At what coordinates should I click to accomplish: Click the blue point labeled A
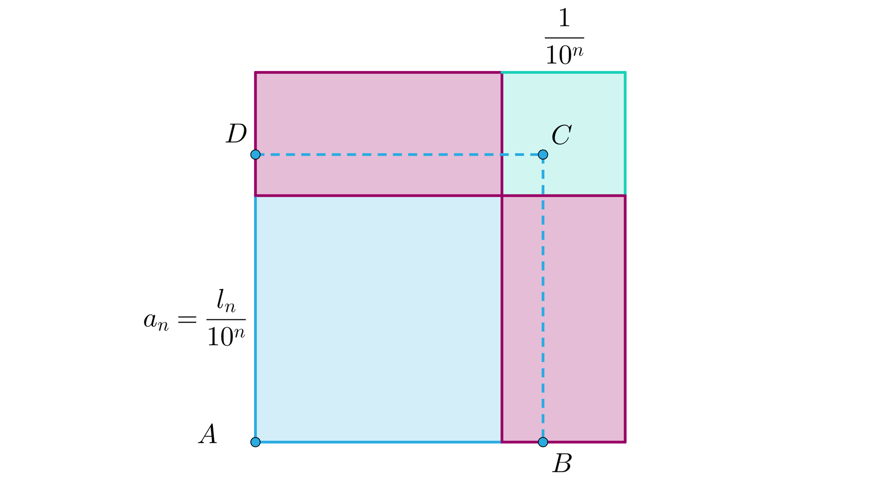coord(255,442)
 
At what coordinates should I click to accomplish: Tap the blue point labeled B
coord(543,442)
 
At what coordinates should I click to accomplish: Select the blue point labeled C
coord(543,154)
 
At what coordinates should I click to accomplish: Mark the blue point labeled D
coord(255,154)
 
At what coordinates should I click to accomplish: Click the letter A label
coord(208,434)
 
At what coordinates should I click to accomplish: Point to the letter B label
coord(562,463)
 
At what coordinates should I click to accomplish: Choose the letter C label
coord(561,135)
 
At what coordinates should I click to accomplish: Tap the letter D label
coord(236,134)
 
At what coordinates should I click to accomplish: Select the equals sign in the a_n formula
coord(187,319)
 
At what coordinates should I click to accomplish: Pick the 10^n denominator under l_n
coord(226,336)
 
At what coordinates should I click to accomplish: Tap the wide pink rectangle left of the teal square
coord(378,115)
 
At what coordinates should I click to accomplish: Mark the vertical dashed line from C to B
coord(543,300)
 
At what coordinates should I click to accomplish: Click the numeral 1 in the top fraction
coord(564,18)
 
